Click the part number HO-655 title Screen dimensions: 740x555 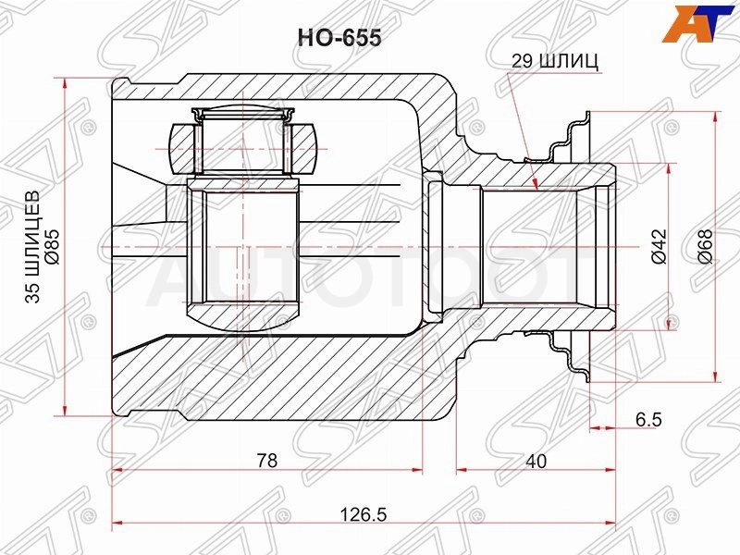coord(339,38)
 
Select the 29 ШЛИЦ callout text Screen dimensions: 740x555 coord(555,61)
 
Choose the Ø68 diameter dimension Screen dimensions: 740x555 coord(704,246)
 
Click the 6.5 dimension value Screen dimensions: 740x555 coord(648,419)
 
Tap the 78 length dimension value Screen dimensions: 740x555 coord(267,460)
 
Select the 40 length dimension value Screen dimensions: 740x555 coord(536,461)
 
